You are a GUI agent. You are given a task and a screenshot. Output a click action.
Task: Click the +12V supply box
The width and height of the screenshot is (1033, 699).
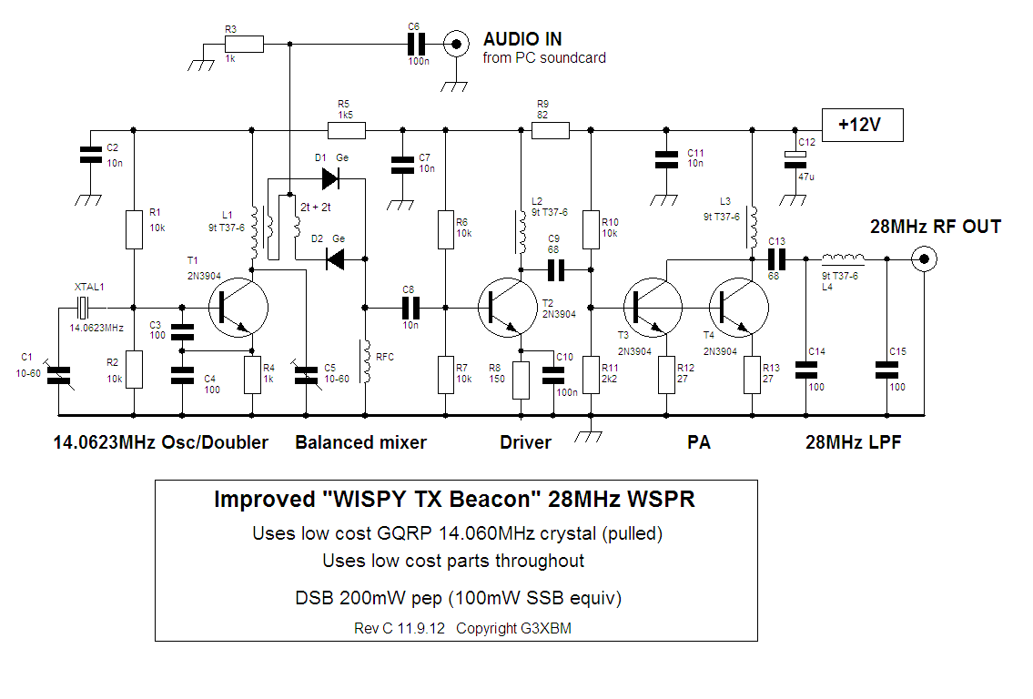[x=862, y=125]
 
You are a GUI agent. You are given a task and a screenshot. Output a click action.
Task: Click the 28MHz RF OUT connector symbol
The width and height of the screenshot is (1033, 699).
[x=925, y=260]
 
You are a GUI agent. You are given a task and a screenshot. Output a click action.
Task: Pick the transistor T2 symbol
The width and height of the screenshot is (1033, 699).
[x=507, y=307]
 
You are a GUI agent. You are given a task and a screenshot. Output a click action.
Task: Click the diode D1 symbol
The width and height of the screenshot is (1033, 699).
[x=331, y=178]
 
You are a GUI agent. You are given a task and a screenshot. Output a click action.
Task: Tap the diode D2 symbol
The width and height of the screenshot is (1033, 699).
[x=335, y=260]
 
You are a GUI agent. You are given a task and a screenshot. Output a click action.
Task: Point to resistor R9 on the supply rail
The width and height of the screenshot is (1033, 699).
[x=551, y=131]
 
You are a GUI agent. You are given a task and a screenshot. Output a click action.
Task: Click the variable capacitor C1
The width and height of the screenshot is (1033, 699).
[x=56, y=373]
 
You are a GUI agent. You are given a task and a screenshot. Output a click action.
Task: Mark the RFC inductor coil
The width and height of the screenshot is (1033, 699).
[x=365, y=361]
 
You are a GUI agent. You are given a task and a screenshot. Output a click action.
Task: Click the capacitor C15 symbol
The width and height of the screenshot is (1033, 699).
[x=886, y=369]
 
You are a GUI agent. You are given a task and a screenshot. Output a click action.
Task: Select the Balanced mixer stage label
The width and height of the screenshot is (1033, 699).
[x=360, y=442]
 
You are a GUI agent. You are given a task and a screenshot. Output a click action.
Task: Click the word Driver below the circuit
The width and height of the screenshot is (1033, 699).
[x=525, y=442]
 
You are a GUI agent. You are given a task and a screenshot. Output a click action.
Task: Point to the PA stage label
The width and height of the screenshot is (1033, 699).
[x=699, y=442]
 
